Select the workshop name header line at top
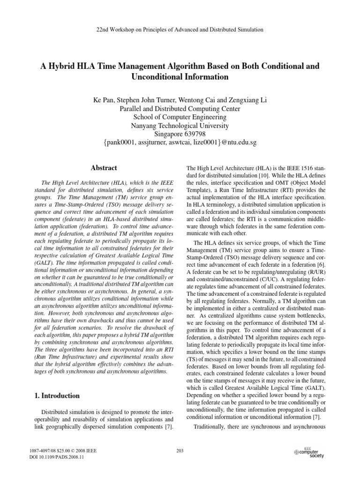180,30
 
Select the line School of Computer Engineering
180,117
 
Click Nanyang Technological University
180,126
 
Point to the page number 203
180,451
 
